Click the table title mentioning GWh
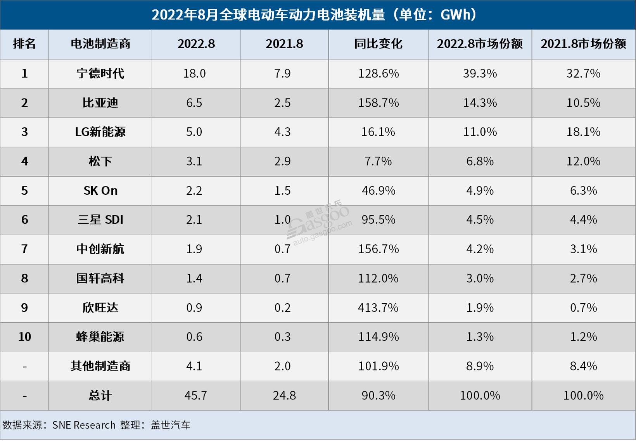pyautogui.click(x=314, y=15)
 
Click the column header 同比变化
pyautogui.click(x=378, y=44)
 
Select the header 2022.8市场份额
pyautogui.click(x=480, y=44)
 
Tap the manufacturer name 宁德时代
pyautogui.click(x=100, y=73)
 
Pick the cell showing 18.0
pyautogui.click(x=194, y=73)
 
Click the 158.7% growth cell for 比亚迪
pyautogui.click(x=378, y=103)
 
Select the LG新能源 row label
pyautogui.click(x=100, y=132)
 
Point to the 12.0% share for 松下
pyautogui.click(x=583, y=161)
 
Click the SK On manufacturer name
pyautogui.click(x=100, y=190)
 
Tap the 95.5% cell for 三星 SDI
pyautogui.click(x=378, y=220)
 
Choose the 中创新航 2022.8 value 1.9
pyautogui.click(x=194, y=249)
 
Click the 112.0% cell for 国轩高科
pyautogui.click(x=378, y=278)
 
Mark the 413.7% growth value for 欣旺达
pyautogui.click(x=378, y=308)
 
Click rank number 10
pyautogui.click(x=24, y=337)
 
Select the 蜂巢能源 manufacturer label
pyautogui.click(x=100, y=337)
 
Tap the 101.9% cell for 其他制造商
pyautogui.click(x=378, y=366)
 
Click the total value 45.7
pyautogui.click(x=195, y=395)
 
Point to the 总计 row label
pyautogui.click(x=100, y=395)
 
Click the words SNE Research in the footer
pyautogui.click(x=84, y=425)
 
